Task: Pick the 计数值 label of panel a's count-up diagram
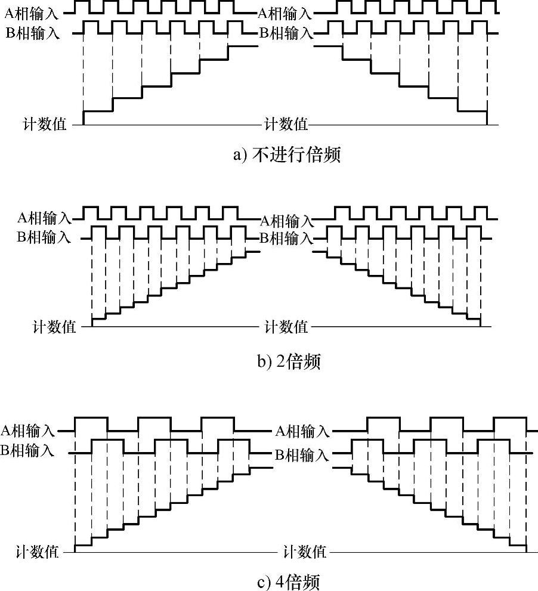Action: [x=45, y=124]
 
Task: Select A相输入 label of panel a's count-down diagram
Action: [x=285, y=11]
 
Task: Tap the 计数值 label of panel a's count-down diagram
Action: [x=286, y=124]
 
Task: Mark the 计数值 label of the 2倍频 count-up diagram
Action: [x=54, y=326]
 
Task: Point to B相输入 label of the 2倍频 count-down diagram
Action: [x=285, y=239]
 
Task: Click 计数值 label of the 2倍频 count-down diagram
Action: [x=286, y=326]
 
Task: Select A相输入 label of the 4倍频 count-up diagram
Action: [x=28, y=429]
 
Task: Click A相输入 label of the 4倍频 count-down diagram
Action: [x=302, y=431]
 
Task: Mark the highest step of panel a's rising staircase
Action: [x=243, y=45]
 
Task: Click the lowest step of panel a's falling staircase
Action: [x=472, y=110]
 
